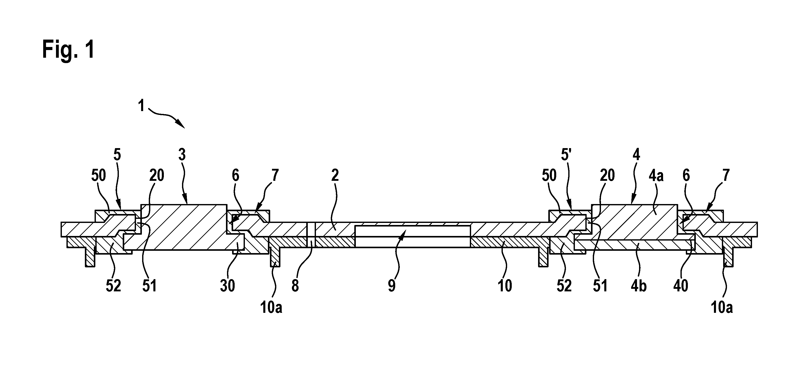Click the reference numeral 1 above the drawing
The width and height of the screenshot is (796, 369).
pos(141,106)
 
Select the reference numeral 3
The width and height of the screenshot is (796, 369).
pos(182,154)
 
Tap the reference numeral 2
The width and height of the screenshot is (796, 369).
pos(335,175)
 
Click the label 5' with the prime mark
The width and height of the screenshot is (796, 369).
pos(565,154)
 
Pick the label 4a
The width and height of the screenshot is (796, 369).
pos(656,176)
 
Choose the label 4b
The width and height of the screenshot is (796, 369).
pos(638,286)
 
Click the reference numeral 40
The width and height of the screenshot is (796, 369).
pos(681,286)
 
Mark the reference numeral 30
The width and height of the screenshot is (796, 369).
pos(228,286)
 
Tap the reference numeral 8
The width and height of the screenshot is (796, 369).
pos(295,286)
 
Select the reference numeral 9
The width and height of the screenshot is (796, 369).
pos(392,286)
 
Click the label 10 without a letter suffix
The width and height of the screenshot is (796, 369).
pos(505,286)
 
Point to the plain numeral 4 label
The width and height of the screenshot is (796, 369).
pos(636,154)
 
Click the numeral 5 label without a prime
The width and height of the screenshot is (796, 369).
pos(117,154)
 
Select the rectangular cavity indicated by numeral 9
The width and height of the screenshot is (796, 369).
pos(413,236)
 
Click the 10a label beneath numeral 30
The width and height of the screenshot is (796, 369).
pos(271,308)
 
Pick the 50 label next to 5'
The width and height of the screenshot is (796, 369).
pos(549,175)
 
